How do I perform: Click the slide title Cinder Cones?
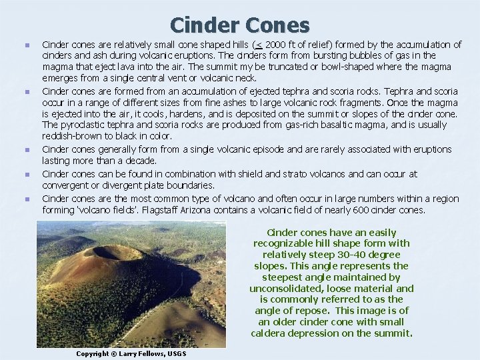pyautogui.click(x=240, y=25)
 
